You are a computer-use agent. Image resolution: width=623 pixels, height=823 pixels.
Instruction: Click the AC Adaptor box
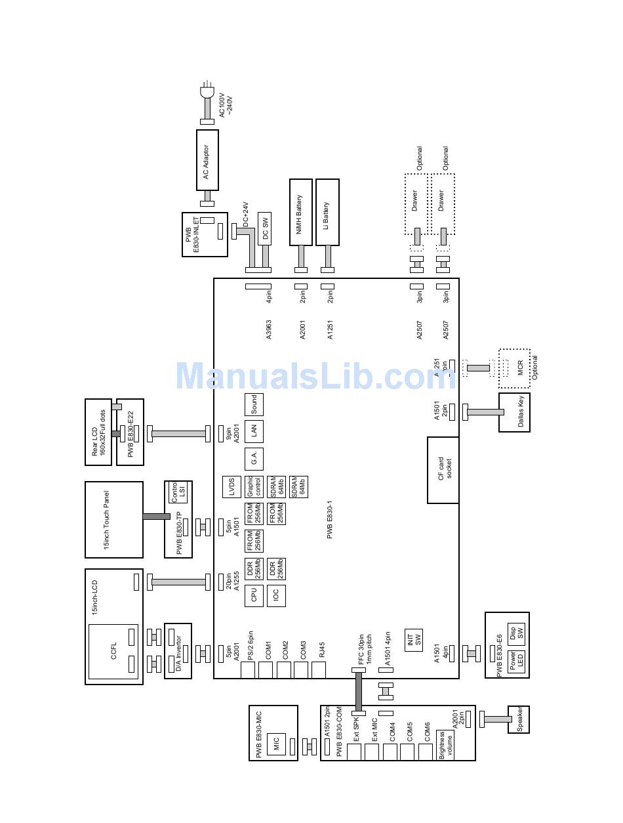point(207,160)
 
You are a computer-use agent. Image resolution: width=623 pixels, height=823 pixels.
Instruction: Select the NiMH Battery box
point(300,212)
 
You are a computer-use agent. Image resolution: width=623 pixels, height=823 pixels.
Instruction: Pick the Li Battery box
point(327,212)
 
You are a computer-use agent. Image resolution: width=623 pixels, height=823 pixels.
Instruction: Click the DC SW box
point(264,228)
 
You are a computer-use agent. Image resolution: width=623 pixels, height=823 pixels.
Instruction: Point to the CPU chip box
point(253,595)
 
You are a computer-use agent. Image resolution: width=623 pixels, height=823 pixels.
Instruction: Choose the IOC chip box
point(276,595)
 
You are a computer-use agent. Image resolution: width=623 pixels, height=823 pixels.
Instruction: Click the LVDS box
point(232,487)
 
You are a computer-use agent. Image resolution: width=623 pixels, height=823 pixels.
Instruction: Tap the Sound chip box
point(253,404)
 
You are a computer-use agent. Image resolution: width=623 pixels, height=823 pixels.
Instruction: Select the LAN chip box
point(253,431)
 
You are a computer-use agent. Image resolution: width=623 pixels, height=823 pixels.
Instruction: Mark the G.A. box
point(253,459)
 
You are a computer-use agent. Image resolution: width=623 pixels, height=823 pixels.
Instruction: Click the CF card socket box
point(443,470)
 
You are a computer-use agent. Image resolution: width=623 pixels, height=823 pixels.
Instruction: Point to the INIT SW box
point(414,639)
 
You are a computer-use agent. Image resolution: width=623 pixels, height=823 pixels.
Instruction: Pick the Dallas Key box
point(514,412)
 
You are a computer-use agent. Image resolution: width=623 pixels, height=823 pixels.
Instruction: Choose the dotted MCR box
point(514,369)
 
